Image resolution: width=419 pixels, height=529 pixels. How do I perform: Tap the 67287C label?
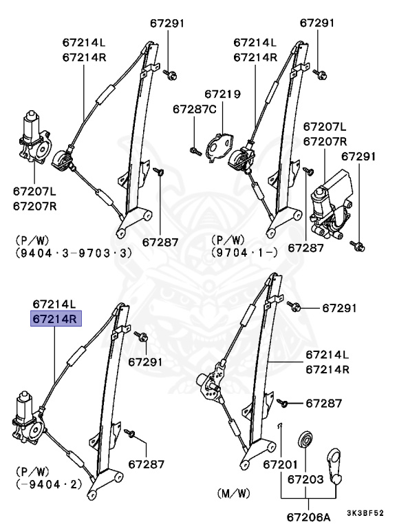[194, 109]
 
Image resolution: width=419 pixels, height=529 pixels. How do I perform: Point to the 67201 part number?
[280, 465]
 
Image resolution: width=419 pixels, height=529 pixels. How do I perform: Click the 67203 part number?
[305, 478]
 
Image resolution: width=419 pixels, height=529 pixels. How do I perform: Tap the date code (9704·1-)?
[244, 253]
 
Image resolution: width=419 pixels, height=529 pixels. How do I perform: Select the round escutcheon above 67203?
[304, 441]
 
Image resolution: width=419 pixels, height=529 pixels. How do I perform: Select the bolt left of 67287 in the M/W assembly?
[284, 401]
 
